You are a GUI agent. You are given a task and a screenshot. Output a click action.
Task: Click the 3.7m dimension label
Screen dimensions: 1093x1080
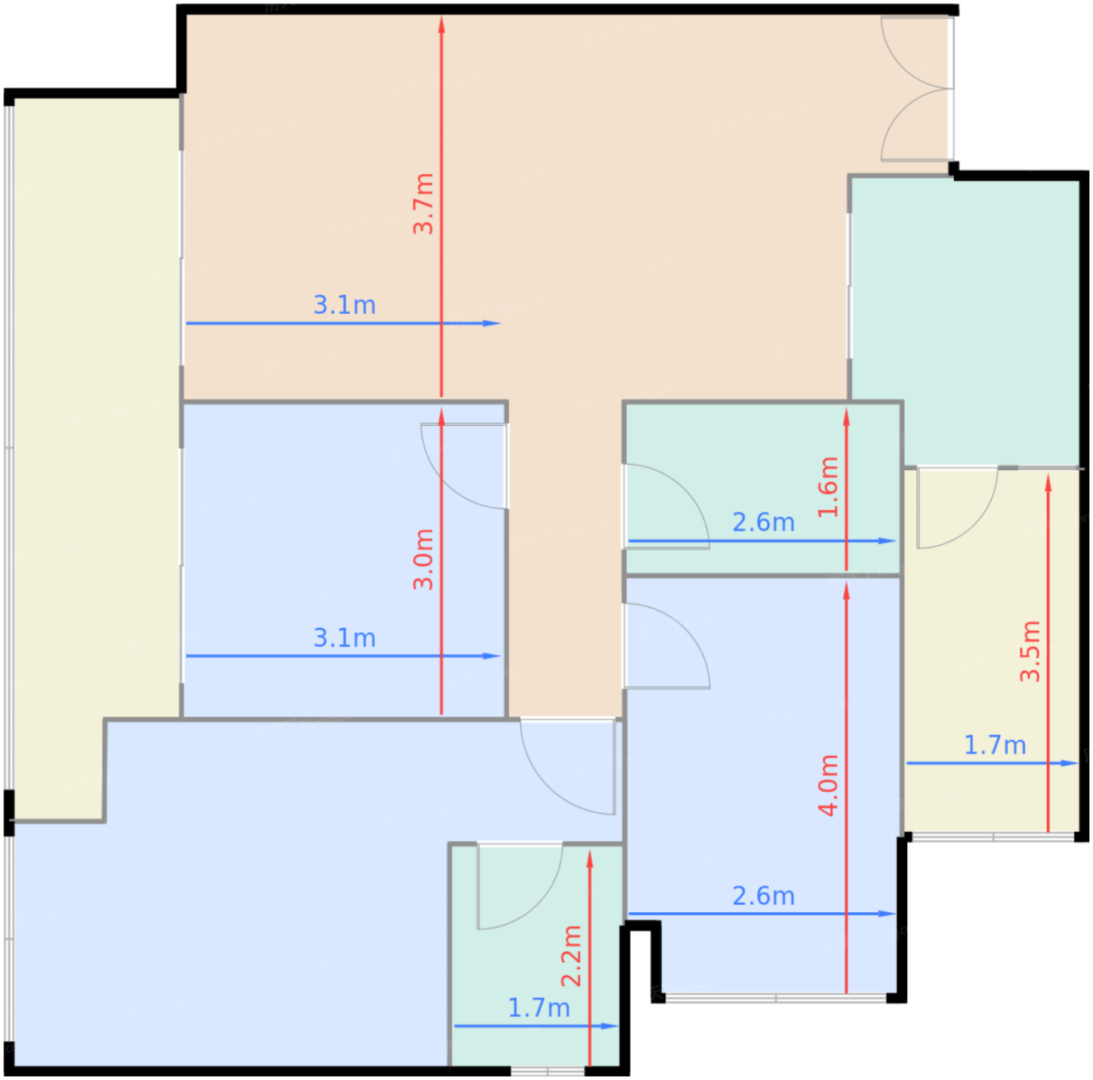(x=424, y=204)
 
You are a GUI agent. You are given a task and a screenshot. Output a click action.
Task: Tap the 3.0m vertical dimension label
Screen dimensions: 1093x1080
(x=424, y=560)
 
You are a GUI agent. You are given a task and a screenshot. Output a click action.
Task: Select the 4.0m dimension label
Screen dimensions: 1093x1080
(x=828, y=785)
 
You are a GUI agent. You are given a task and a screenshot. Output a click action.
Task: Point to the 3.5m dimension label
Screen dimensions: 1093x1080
(x=1031, y=651)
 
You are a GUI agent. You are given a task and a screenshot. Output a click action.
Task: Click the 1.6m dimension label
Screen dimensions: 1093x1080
(x=828, y=487)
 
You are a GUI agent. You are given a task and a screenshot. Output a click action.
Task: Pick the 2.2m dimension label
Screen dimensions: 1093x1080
(x=571, y=957)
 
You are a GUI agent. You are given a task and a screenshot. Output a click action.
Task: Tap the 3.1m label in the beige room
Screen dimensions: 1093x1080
(x=345, y=305)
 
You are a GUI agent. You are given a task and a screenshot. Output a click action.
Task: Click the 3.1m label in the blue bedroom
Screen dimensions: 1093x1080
(x=345, y=639)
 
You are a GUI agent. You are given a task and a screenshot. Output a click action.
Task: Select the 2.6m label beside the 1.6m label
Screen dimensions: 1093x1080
(x=764, y=522)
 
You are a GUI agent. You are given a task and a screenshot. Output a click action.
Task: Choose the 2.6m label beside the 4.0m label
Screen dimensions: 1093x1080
(x=764, y=896)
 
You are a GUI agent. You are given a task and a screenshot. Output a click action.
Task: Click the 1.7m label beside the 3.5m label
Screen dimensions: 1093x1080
(x=995, y=745)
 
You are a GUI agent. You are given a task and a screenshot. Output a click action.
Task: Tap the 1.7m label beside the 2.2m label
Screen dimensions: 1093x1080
(x=539, y=1008)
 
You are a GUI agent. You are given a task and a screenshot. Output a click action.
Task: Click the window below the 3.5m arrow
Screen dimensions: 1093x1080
(x=993, y=837)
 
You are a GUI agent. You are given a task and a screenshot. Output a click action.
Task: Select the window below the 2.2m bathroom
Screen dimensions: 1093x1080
(x=548, y=1071)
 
